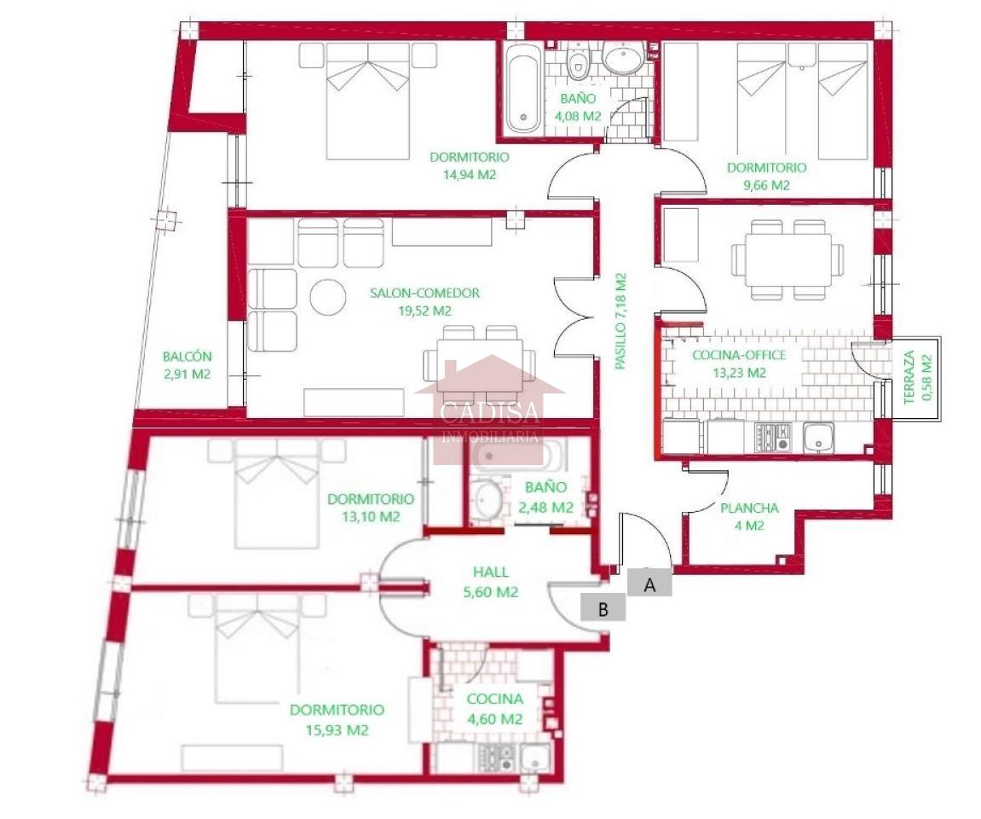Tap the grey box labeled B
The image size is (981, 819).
[603, 608]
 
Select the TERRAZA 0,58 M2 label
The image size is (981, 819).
[917, 377]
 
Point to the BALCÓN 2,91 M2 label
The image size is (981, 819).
[187, 365]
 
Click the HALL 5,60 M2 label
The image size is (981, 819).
[491, 582]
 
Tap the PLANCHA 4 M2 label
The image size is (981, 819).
[749, 517]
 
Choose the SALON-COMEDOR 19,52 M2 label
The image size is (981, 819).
[424, 301]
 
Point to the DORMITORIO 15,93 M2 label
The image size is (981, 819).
[337, 719]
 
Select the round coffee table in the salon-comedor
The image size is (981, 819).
[328, 296]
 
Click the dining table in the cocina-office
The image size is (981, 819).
[788, 259]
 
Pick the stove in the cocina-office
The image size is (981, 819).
[773, 437]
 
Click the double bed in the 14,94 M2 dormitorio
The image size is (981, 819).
[368, 100]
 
